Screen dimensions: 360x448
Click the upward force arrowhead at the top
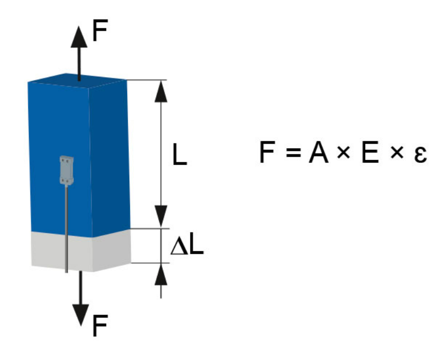pyautogui.click(x=79, y=37)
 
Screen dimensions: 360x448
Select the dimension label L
pyautogui.click(x=180, y=156)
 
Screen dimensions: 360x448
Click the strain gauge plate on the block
pyautogui.click(x=66, y=170)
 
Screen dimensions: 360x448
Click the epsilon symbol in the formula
pyautogui.click(x=419, y=156)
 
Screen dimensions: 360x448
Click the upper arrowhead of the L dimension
pyautogui.click(x=162, y=92)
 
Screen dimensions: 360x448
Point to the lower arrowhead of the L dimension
pyautogui.click(x=162, y=215)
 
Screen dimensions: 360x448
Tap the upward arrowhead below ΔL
pyautogui.click(x=161, y=274)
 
